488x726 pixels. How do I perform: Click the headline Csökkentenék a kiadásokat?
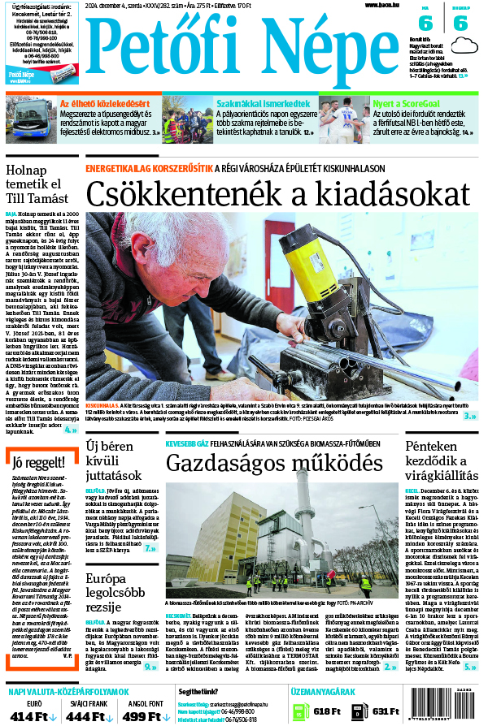tap(278, 195)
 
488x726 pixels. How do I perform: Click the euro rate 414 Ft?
tap(34, 716)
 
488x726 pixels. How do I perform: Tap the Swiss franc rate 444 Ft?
tap(91, 716)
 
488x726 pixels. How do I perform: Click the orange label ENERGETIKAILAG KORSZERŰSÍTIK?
tap(149, 168)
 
